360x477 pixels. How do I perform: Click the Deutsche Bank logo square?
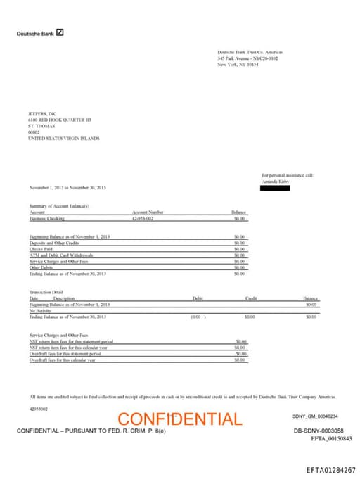point(60,32)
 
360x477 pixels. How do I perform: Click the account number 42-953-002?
point(143,219)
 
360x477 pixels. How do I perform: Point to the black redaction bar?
point(275,188)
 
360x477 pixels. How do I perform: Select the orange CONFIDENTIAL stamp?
point(180,419)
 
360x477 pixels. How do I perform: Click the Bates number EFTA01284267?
point(331,469)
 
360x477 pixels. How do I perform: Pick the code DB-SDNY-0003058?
point(319,430)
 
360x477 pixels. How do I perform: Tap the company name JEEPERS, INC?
point(42,113)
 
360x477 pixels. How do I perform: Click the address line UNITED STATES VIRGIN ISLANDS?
point(63,139)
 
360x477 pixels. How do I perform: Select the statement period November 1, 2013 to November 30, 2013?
point(67,188)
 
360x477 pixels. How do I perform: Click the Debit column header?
point(198,298)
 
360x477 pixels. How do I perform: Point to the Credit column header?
point(250,298)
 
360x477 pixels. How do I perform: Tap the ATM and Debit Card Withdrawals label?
point(60,255)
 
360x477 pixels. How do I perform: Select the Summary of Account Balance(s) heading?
point(59,205)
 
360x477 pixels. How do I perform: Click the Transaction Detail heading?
point(46,292)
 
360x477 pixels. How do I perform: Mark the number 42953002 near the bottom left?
point(39,409)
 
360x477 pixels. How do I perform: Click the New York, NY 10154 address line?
point(238,64)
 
